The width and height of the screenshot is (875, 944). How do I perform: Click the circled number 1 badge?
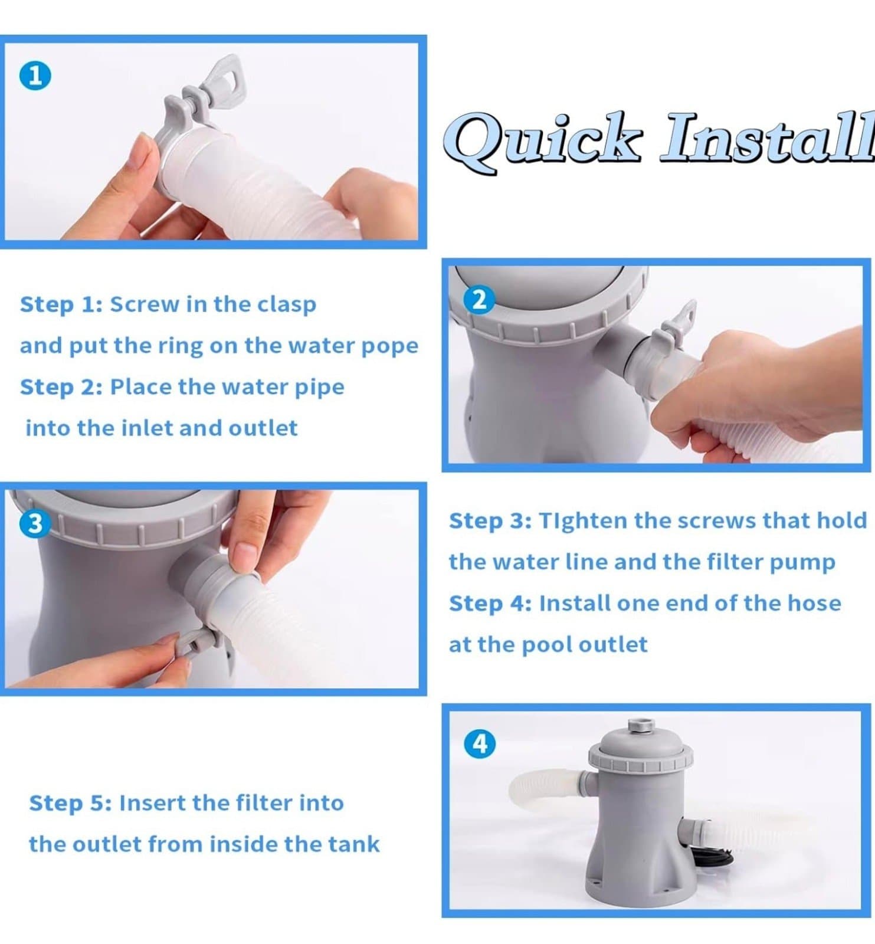[x=35, y=76]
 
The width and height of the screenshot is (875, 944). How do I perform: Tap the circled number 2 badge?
[x=480, y=300]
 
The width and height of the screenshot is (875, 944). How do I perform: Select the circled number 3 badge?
[x=35, y=523]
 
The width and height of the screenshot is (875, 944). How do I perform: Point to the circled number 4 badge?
[x=480, y=743]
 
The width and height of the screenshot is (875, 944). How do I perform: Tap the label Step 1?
[x=61, y=304]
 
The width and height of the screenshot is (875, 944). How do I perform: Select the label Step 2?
[x=61, y=387]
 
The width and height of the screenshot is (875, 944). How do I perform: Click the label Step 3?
[x=490, y=521]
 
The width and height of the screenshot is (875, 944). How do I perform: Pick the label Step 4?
[x=490, y=604]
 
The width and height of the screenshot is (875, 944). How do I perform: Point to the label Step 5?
[x=70, y=803]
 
